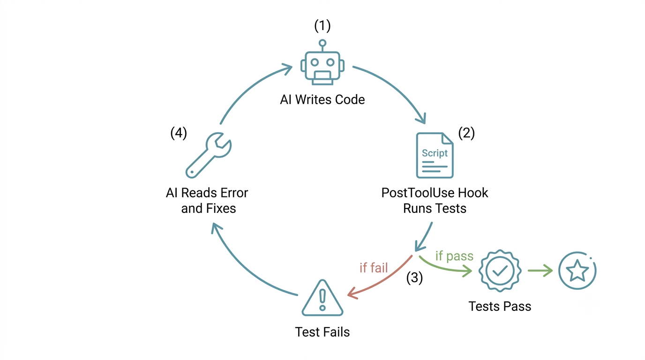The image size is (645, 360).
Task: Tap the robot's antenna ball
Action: [322, 43]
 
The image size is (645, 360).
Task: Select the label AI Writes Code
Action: [322, 100]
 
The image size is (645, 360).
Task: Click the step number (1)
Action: [322, 26]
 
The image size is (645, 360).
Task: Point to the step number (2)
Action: [466, 133]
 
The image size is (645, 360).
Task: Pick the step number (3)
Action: [414, 277]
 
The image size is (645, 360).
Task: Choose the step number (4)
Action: [179, 133]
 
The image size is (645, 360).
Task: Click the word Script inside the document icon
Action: [435, 153]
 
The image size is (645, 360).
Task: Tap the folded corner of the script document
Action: [447, 138]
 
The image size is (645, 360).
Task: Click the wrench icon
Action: [209, 155]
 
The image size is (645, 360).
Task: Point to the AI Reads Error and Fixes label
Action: [207, 201]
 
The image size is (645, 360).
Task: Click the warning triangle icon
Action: [322, 298]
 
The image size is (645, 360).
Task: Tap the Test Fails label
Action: [322, 332]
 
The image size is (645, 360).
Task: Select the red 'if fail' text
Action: [374, 268]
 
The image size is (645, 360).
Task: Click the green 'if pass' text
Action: [454, 256]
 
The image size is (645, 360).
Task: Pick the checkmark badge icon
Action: [500, 271]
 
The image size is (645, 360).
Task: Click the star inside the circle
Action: [577, 270]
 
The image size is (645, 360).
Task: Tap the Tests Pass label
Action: [500, 306]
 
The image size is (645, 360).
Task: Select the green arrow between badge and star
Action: [540, 271]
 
